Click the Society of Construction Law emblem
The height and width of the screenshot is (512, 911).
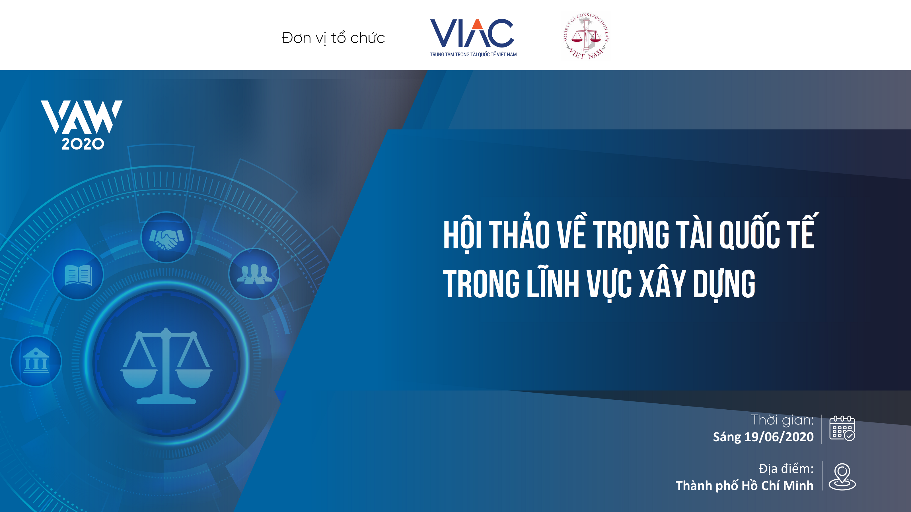click(x=586, y=36)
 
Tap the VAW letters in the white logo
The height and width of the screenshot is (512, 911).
click(x=82, y=117)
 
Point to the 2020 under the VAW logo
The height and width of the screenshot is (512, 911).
click(x=83, y=144)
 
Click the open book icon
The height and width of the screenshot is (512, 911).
click(x=78, y=275)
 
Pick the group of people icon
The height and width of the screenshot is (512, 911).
click(x=254, y=274)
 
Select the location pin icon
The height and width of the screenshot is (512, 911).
click(x=842, y=477)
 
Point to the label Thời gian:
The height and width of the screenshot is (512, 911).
click(x=782, y=420)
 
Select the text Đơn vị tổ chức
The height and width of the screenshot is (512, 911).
click(x=333, y=38)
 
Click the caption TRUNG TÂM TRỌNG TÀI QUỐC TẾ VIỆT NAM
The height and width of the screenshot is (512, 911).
click(x=473, y=54)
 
